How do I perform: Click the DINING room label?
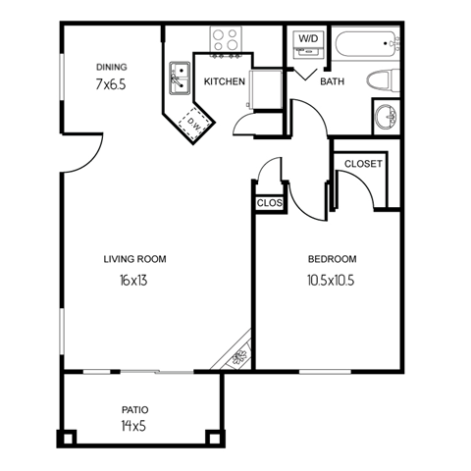pos(112,67)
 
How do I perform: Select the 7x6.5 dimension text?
pos(112,85)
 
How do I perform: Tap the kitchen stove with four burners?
pos(227,40)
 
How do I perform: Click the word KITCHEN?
pos(225,81)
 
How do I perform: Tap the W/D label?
pos(307,39)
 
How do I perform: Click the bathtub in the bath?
pos(366,44)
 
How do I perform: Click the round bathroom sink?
pos(387,116)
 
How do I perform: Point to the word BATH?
pos(331,81)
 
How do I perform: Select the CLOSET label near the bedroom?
pos(363,163)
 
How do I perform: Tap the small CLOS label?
pos(268,203)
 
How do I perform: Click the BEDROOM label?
pos(332,259)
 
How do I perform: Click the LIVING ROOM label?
pos(134,259)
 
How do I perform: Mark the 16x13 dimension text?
pos(134,281)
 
